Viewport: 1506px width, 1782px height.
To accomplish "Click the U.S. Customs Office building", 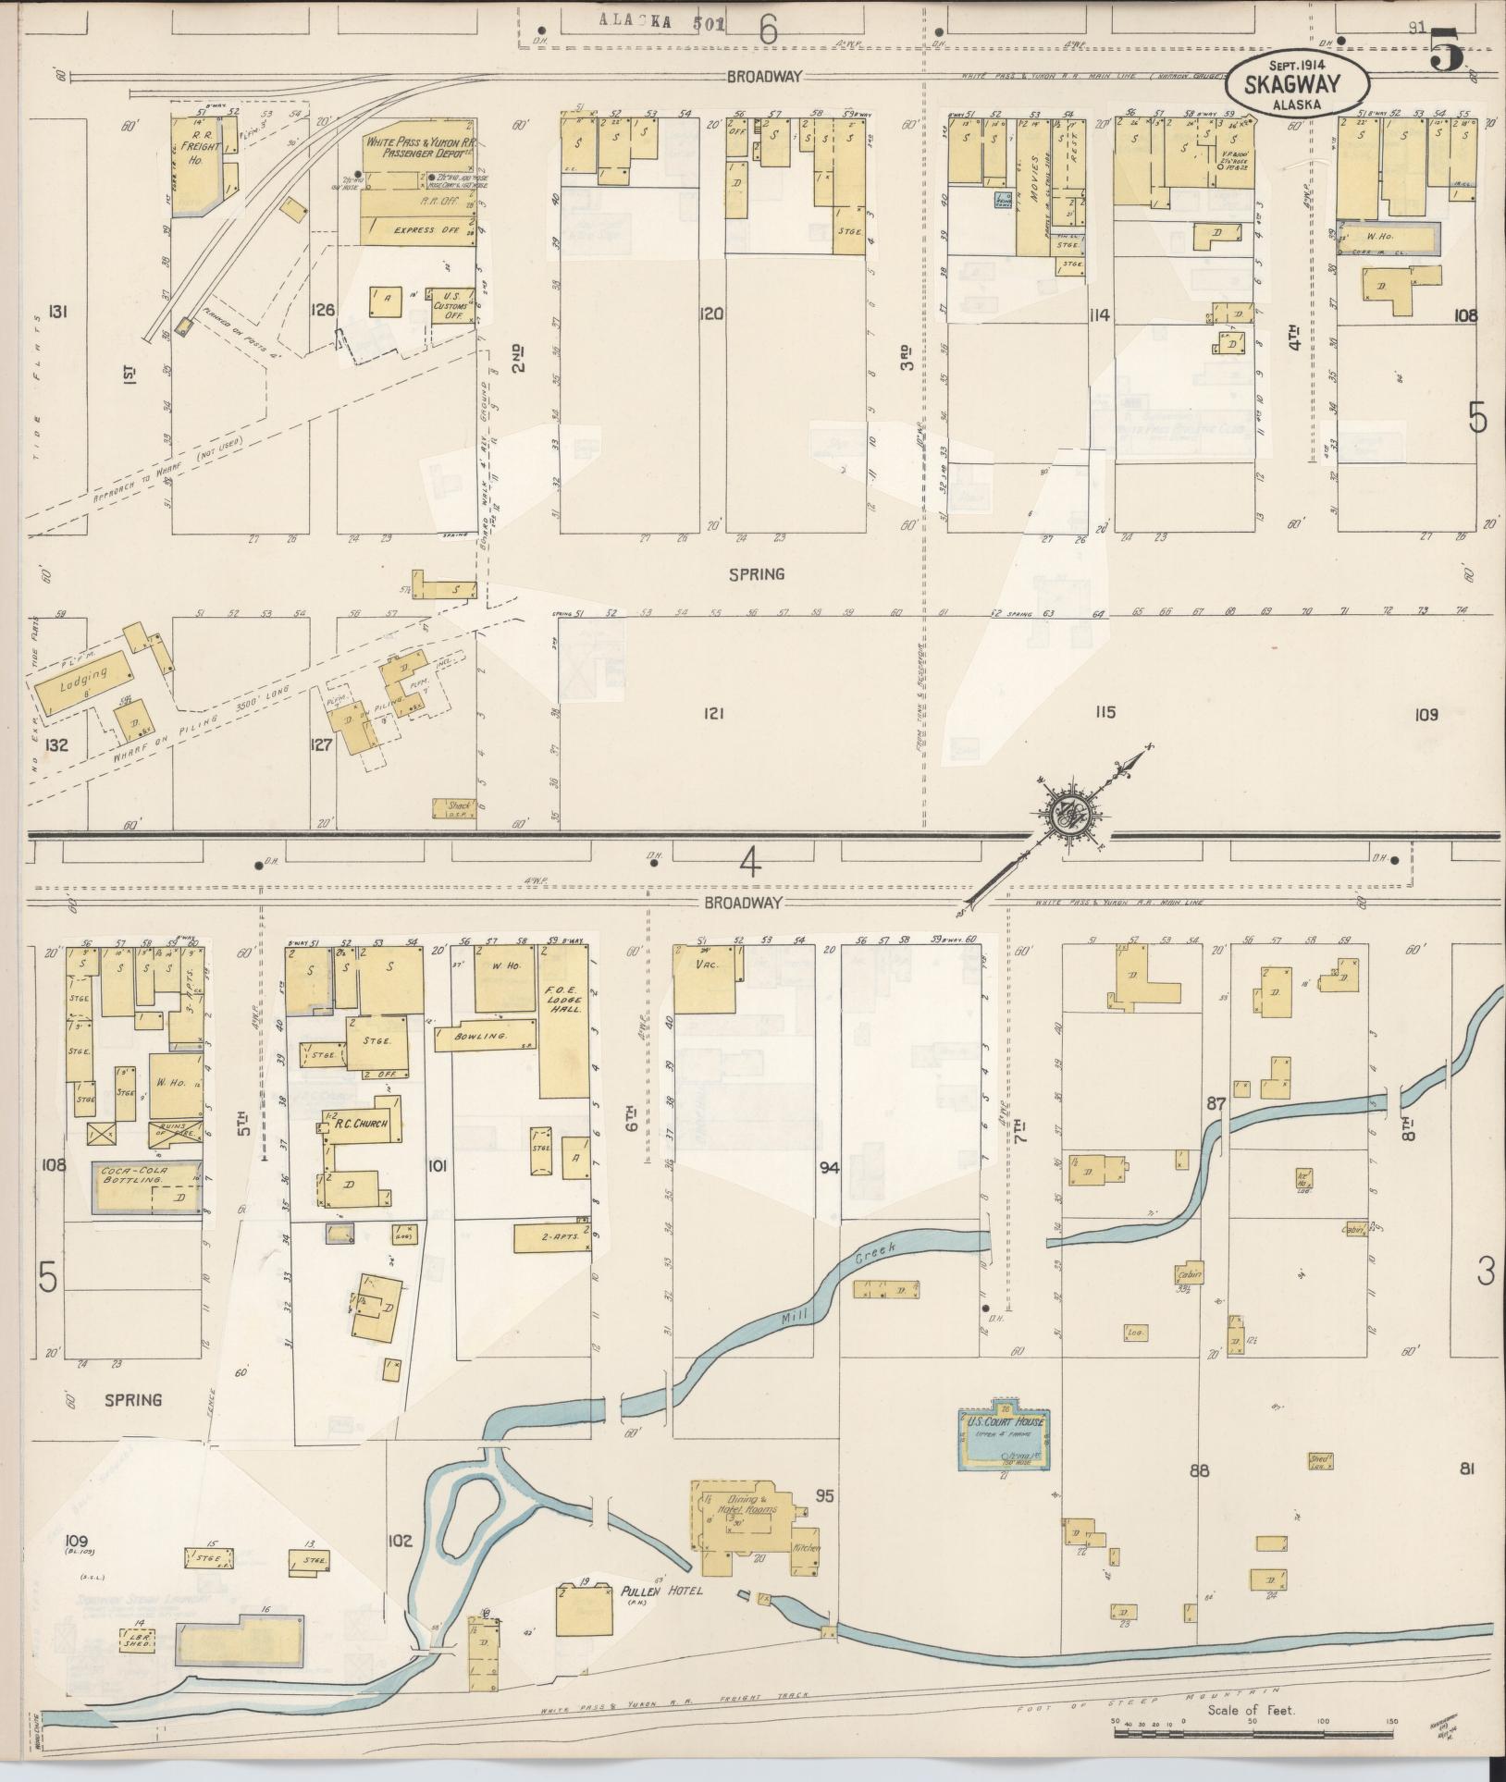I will [453, 304].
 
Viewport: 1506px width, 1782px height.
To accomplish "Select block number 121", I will [711, 713].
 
